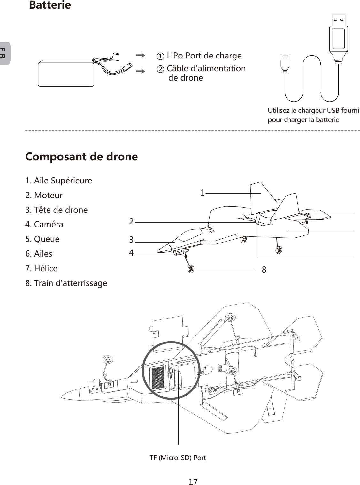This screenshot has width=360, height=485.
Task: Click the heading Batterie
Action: click(50, 5)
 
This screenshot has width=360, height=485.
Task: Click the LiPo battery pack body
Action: click(66, 74)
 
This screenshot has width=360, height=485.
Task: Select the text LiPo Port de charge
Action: click(204, 56)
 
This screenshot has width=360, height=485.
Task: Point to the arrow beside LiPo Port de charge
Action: click(140, 56)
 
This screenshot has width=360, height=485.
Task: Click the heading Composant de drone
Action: click(81, 157)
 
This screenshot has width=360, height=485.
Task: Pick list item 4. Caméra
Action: click(44, 224)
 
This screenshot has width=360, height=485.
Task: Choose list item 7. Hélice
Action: click(41, 268)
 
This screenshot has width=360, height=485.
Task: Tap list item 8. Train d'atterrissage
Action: click(66, 283)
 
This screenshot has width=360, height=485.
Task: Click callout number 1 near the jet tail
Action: click(202, 193)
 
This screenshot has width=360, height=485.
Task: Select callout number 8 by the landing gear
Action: click(264, 270)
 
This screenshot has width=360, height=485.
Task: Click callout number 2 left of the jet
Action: click(131, 221)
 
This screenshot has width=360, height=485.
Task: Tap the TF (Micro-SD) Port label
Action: click(178, 458)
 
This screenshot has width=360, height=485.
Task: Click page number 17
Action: click(193, 481)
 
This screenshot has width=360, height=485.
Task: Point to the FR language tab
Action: click(4, 53)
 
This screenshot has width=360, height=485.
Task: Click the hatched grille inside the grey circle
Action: click(158, 378)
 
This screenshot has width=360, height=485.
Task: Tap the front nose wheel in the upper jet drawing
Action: click(191, 269)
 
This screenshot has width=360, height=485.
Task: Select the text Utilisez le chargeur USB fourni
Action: click(313, 111)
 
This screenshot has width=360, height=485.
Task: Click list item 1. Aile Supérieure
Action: click(58, 181)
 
